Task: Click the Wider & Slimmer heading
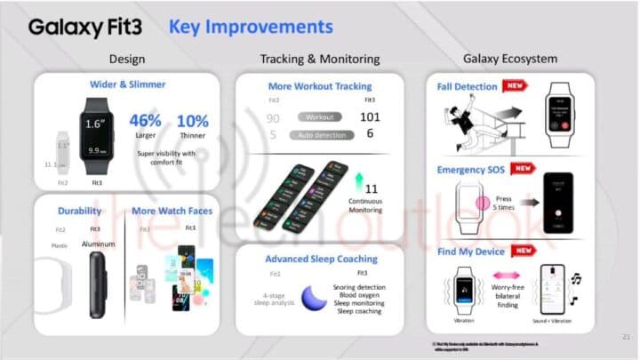127,84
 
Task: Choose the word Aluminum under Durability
99,244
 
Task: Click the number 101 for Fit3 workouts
371,117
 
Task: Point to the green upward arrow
359,184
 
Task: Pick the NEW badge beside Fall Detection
515,86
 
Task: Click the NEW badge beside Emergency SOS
524,168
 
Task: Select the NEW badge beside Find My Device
524,251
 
